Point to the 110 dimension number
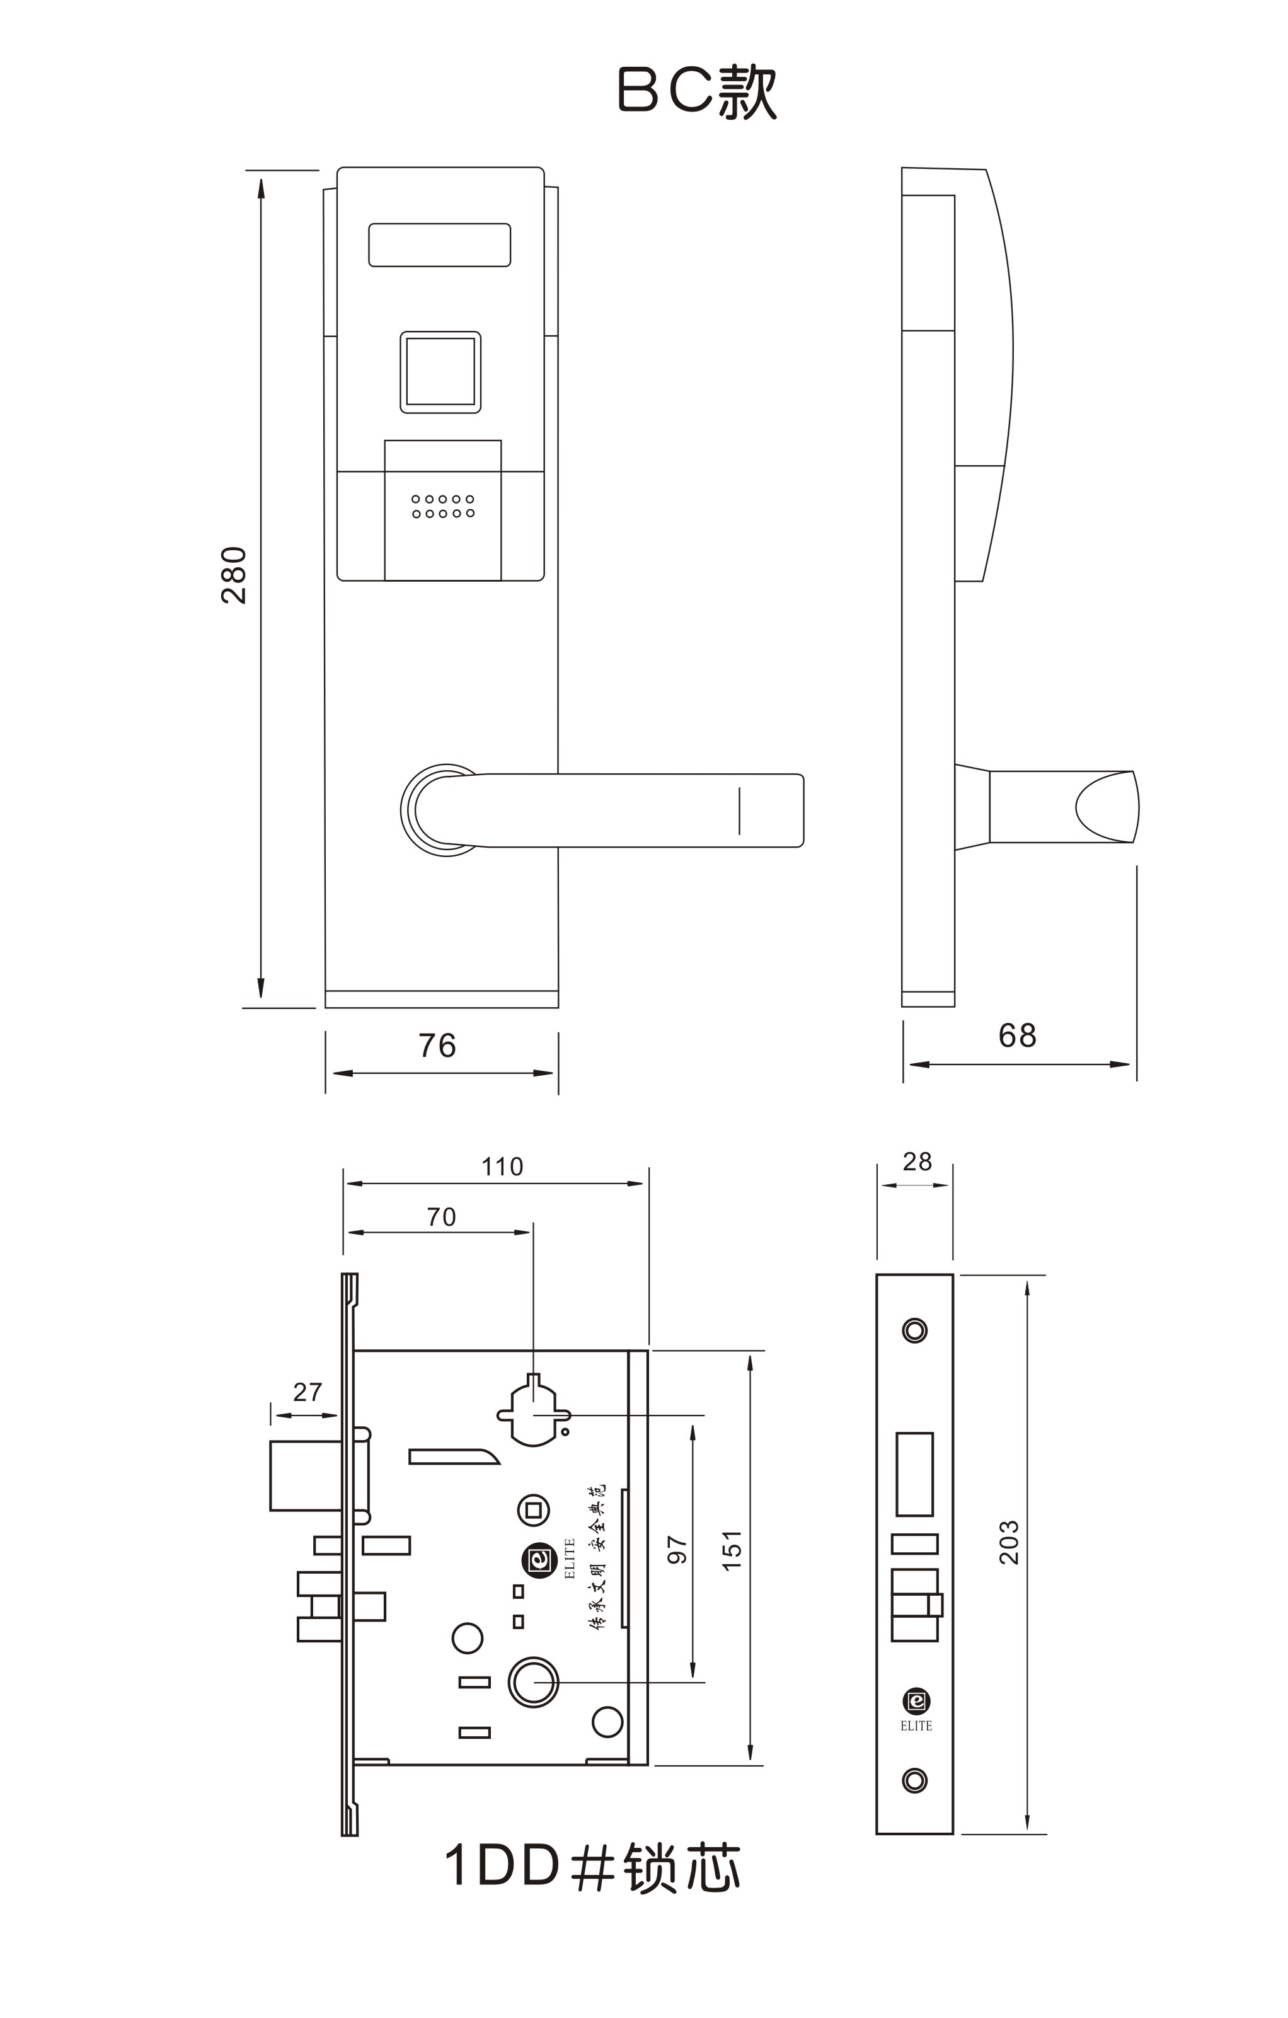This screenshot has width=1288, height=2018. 502,1167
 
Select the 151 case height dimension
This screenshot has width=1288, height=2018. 732,1550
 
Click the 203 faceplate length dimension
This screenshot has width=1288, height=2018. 1009,1542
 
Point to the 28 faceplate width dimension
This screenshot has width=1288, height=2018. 917,1162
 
